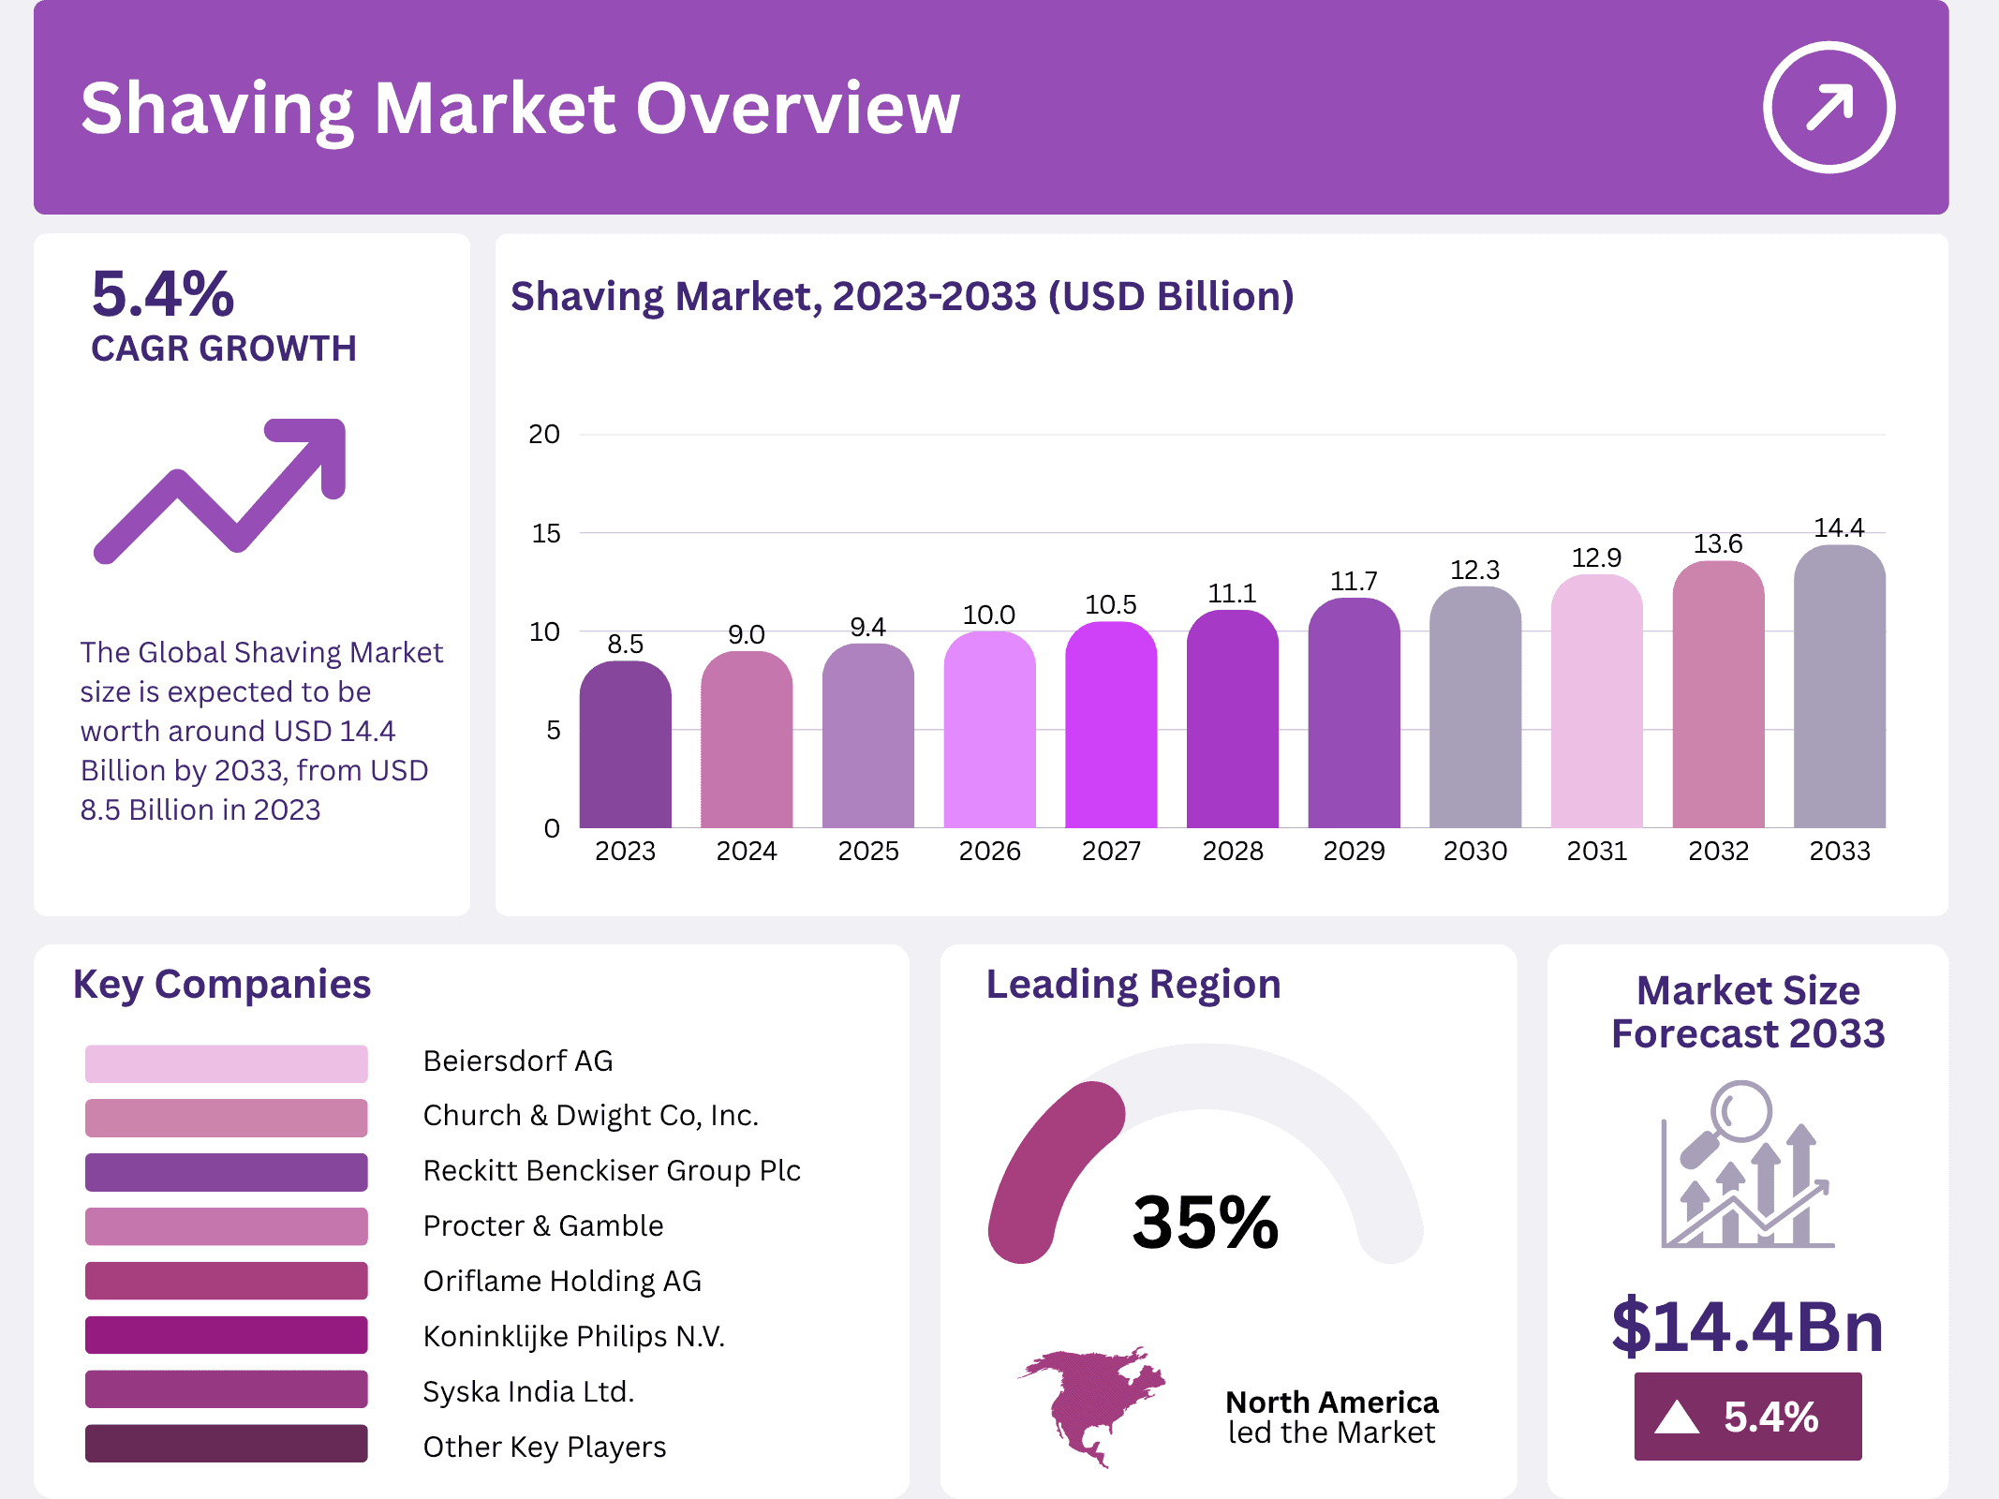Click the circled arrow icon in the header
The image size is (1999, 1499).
[1829, 107]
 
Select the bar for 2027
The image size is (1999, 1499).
[1111, 726]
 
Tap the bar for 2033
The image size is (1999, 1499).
[1839, 689]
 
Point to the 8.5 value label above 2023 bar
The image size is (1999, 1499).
[625, 644]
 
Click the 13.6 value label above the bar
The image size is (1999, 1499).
[1717, 543]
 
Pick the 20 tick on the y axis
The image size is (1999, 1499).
[544, 434]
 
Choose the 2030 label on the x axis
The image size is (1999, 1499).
[1474, 851]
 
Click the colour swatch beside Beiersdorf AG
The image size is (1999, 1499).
[226, 1063]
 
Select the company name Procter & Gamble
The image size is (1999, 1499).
[542, 1225]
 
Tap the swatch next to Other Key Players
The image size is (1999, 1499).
[226, 1444]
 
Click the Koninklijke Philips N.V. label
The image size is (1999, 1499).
[573, 1336]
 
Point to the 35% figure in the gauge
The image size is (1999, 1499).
[1205, 1222]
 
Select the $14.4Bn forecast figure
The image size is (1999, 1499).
[1747, 1326]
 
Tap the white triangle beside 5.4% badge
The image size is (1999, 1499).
[1677, 1417]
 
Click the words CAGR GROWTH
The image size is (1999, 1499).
[224, 349]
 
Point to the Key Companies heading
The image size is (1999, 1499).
[222, 984]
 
